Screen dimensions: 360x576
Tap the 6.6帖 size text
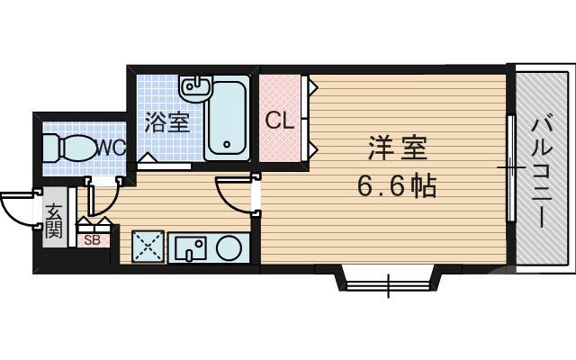[x=396, y=186]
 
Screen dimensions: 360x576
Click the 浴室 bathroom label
[x=169, y=121]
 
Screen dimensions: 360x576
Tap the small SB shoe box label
[x=92, y=239]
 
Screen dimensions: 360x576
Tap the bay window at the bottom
[x=388, y=281]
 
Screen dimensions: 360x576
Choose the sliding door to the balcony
[x=510, y=168]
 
